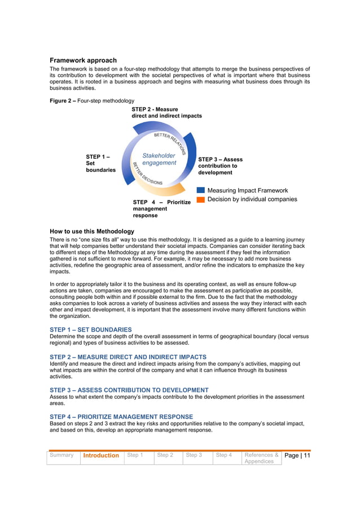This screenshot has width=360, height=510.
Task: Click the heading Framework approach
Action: click(x=83, y=60)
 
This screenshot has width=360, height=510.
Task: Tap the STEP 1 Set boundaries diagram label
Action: click(x=100, y=163)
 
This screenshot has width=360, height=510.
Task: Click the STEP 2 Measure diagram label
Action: click(x=166, y=112)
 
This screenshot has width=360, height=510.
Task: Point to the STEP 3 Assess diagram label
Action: click(x=221, y=166)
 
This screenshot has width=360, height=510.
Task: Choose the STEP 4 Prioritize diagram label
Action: click(x=161, y=208)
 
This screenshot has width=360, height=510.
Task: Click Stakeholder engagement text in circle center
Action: click(x=159, y=159)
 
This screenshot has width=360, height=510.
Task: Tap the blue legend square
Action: click(x=200, y=190)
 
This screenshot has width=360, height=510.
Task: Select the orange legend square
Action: click(x=200, y=199)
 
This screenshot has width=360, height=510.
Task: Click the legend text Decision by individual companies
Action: click(x=252, y=199)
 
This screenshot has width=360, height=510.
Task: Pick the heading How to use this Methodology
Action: click(x=91, y=232)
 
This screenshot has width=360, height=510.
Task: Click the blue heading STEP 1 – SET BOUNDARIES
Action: click(x=90, y=329)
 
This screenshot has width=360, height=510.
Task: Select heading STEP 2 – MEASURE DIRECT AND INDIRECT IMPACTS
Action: click(x=128, y=357)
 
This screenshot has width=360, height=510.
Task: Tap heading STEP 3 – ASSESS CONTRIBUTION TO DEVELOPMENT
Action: click(x=129, y=390)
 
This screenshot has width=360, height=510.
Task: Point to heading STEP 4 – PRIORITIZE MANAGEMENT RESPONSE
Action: click(x=121, y=417)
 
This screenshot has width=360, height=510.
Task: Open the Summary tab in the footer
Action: click(x=62, y=455)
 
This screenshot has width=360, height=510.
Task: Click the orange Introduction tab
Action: click(x=101, y=456)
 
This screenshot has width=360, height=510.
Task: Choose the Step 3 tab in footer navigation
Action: click(x=194, y=455)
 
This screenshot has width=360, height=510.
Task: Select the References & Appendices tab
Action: click(x=261, y=458)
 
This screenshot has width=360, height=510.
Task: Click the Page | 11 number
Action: click(x=297, y=456)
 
